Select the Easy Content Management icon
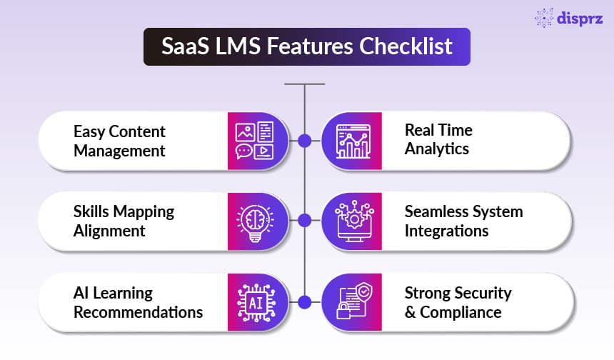pos(254,141)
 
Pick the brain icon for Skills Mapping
pos(254,221)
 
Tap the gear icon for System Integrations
pos(352,221)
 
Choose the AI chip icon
pos(254,302)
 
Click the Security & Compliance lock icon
pos(352,302)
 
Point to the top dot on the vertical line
pos(305,141)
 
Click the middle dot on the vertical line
pos(305,221)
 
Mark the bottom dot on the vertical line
pos(305,302)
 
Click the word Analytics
pos(437,149)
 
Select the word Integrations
pos(447,231)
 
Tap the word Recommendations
pos(139,312)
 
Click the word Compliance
pos(460,312)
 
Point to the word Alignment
pos(109,231)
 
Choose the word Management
pos(119,151)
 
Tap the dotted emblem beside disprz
pos(545,18)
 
